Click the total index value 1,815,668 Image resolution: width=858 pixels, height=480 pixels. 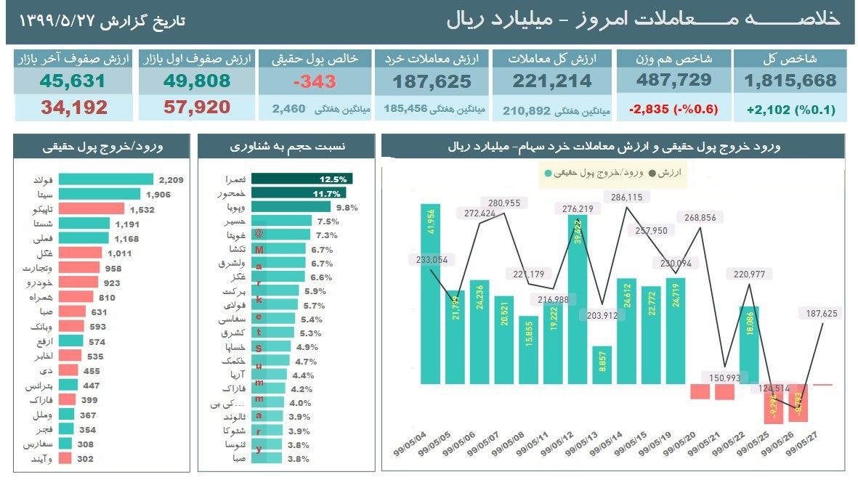[790, 81]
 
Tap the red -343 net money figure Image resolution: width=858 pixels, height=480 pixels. [315, 81]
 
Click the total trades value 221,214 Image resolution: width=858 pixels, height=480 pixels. [552, 81]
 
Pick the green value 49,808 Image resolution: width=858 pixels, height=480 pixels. [194, 81]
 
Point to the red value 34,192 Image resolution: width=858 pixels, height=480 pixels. [74, 108]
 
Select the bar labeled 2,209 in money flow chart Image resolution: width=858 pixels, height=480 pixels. [106, 179]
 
